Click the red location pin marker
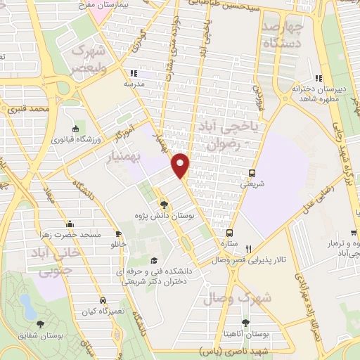point(181,165)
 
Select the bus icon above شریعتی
point(252,174)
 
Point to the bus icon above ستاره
point(229,232)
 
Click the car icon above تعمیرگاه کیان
point(103,300)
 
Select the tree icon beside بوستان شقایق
point(41,324)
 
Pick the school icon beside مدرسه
point(132,72)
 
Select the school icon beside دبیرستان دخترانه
point(318,77)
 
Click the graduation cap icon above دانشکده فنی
point(156,259)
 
